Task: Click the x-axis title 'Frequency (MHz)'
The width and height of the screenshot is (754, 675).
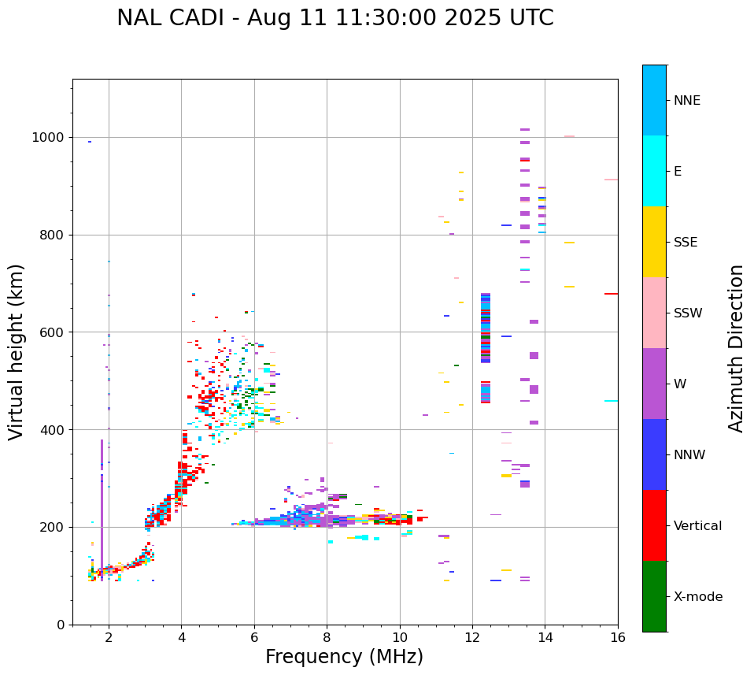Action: click(344, 657)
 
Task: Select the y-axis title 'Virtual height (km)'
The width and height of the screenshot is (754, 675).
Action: click(17, 351)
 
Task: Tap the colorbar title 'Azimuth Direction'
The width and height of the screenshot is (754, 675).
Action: click(736, 348)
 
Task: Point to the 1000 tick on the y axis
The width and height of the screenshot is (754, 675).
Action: click(52, 138)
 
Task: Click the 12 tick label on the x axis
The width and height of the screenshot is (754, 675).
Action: click(472, 638)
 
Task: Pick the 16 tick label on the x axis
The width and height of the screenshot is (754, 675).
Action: click(618, 638)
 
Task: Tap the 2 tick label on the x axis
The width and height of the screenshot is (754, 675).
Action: click(109, 638)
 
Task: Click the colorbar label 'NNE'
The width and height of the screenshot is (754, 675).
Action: click(686, 101)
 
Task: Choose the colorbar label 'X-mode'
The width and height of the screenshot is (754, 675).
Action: click(698, 597)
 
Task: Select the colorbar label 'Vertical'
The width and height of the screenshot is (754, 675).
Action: click(697, 526)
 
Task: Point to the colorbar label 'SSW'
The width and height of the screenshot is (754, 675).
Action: click(688, 313)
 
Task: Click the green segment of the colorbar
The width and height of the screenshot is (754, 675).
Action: click(654, 596)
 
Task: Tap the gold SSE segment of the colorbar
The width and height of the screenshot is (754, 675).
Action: click(654, 242)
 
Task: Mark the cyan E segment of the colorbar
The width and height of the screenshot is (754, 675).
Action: click(654, 171)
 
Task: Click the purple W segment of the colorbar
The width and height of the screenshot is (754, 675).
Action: click(654, 384)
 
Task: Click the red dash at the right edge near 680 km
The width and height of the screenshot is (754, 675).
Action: click(611, 294)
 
